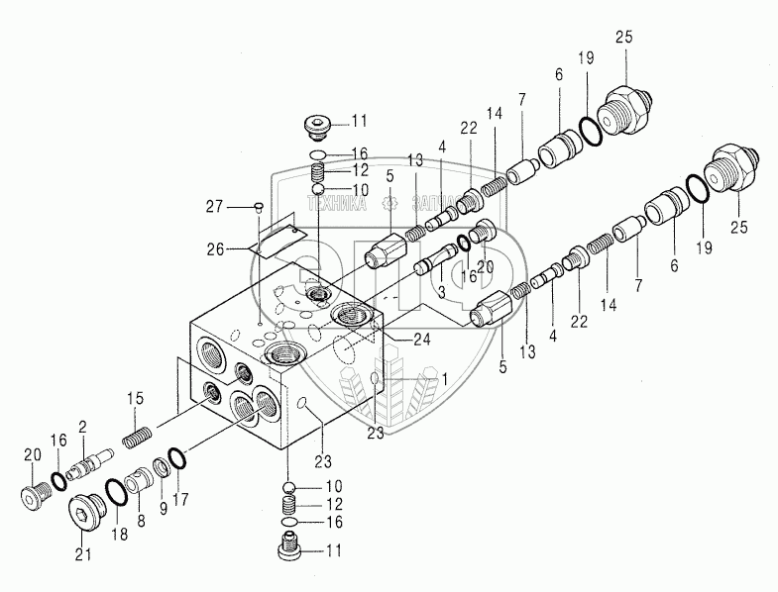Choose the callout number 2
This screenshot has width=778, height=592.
click(83, 427)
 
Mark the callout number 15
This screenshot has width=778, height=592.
click(136, 398)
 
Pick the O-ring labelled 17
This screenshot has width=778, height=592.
click(176, 458)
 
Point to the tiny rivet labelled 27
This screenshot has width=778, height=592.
click(259, 207)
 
